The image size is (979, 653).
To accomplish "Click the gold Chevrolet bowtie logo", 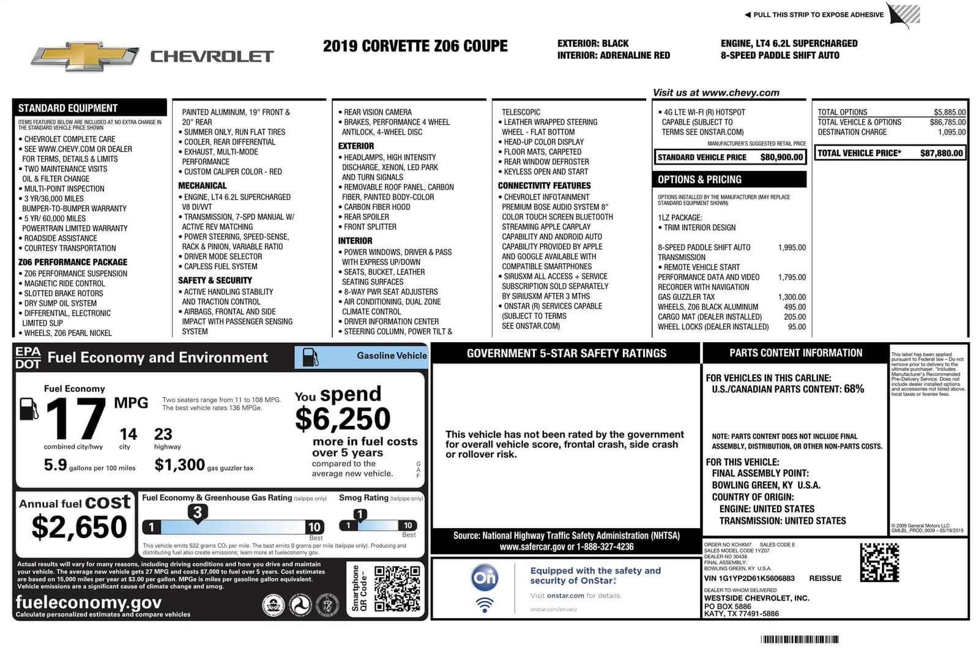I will coord(84,56).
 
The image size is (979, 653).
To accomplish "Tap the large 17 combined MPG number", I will coord(76,419).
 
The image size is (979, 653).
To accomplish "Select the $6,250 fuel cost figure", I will coord(343,419).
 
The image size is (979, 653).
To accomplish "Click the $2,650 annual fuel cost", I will coord(79,527).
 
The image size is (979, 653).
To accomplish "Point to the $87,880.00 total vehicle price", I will coord(941,153).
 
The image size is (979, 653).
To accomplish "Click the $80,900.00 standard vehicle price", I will coord(781,157).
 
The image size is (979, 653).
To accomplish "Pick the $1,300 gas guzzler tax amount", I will coord(179,465).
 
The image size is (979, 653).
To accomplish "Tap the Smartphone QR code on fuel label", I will coord(397,589).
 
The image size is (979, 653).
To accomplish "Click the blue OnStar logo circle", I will coord(485,578).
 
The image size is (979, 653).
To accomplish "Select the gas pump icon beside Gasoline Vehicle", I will coord(311,357).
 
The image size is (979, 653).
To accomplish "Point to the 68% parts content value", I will coord(854,389).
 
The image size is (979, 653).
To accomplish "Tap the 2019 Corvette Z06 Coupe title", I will coord(415,47).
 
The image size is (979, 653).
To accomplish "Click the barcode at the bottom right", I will coord(799,640).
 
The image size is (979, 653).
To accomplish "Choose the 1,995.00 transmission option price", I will coord(792,248).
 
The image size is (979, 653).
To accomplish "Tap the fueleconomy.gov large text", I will coord(89,602).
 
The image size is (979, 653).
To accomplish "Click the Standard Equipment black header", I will coord(68,108).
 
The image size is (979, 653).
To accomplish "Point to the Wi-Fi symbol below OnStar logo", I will coord(485,605).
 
